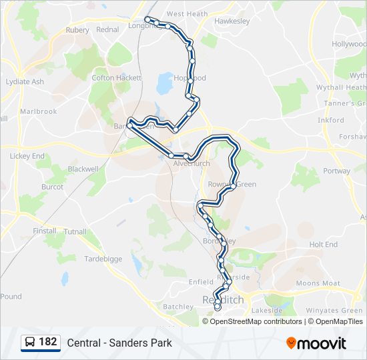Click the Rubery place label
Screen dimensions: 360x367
pos(77,30)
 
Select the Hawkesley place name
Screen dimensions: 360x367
pos(232,21)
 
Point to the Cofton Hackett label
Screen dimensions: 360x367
pos(117,78)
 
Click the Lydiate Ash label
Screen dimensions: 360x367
pos(25,82)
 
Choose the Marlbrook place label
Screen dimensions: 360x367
pos(39,111)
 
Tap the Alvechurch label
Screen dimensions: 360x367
pos(192,163)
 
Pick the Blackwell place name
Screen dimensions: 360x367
pos(83,169)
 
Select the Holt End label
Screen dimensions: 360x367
pos(323,245)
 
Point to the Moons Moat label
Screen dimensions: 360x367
pos(318,283)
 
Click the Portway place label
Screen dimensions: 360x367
pos(336,171)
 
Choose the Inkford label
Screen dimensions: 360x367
pos(331,121)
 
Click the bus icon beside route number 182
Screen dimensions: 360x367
pos(30,342)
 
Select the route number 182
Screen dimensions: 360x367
pos(48,342)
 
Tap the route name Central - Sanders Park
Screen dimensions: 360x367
pos(119,343)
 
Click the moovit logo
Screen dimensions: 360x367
pos(316,343)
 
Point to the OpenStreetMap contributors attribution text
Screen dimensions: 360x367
pos(256,321)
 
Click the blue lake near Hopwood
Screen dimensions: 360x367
pos(164,84)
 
